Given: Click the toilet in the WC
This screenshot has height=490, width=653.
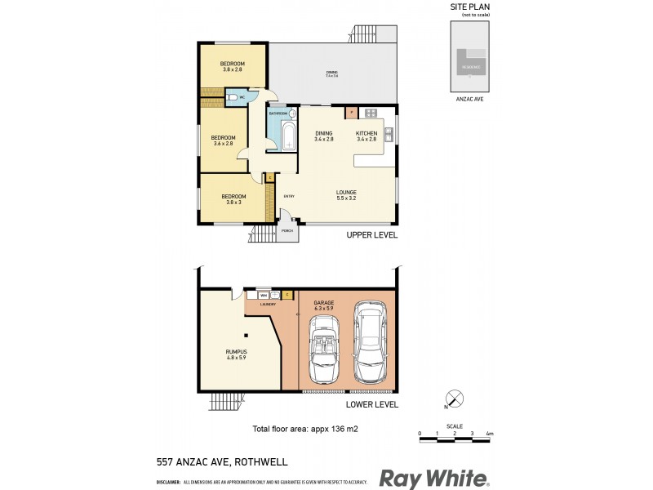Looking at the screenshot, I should click(x=234, y=98).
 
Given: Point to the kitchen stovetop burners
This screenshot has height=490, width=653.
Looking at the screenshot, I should click(x=371, y=112).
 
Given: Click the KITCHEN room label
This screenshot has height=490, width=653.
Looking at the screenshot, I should click(x=366, y=133).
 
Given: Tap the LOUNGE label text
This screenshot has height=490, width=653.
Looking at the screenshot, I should click(x=347, y=192).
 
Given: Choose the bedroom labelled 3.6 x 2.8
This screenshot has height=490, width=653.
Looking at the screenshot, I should click(x=223, y=140).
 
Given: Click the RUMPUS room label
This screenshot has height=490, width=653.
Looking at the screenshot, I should click(x=237, y=353).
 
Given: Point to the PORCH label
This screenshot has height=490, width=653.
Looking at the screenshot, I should click(x=287, y=231).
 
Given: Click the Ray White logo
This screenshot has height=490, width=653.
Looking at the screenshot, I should click(x=433, y=479).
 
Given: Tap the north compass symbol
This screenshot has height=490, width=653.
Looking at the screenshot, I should click(x=455, y=400).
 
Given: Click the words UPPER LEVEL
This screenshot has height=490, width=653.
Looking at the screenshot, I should click(x=371, y=235).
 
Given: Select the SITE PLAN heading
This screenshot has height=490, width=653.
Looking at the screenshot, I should click(x=470, y=7).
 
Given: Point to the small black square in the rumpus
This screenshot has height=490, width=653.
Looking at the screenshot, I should click(x=245, y=334).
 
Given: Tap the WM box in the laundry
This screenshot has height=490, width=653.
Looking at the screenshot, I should click(x=264, y=294).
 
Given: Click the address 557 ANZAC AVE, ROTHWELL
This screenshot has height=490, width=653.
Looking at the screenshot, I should click(x=221, y=461).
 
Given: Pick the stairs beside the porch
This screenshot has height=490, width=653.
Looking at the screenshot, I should click(x=262, y=234).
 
